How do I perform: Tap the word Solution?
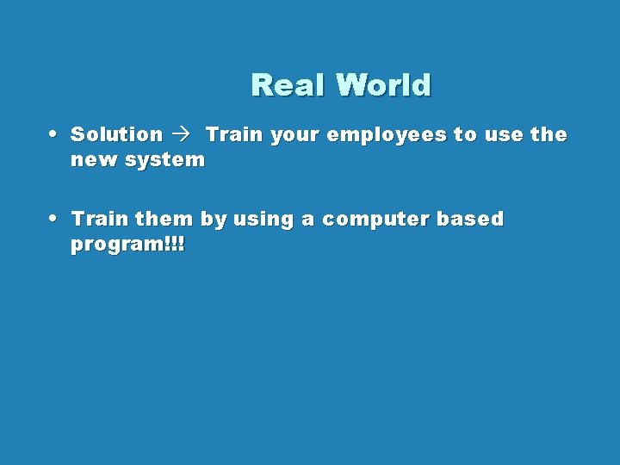click(x=116, y=134)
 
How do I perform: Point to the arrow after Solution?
click(x=183, y=134)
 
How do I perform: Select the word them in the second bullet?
click(x=164, y=219)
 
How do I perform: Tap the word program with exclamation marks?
click(x=127, y=245)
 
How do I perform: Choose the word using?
click(x=263, y=220)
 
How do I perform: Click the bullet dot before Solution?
click(x=54, y=133)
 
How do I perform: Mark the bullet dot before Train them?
click(x=54, y=218)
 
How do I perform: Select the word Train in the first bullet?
click(x=232, y=134)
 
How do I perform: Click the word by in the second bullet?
click(x=212, y=220)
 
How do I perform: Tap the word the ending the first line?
click(x=549, y=134)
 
